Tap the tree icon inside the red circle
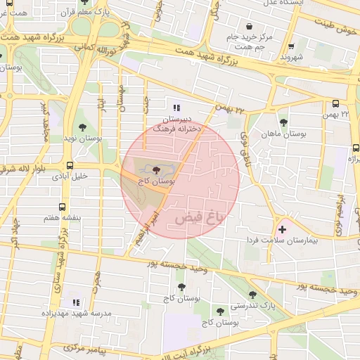tap(155, 169)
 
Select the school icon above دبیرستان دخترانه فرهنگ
tap(176, 108)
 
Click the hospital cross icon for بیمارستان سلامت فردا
tap(283, 229)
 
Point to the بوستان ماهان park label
tap(283, 134)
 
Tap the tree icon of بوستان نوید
tap(83, 127)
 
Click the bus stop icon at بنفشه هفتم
tap(62, 207)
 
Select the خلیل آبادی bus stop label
tap(70, 176)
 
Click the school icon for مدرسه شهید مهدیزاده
tap(75, 302)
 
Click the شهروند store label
tap(291, 56)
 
